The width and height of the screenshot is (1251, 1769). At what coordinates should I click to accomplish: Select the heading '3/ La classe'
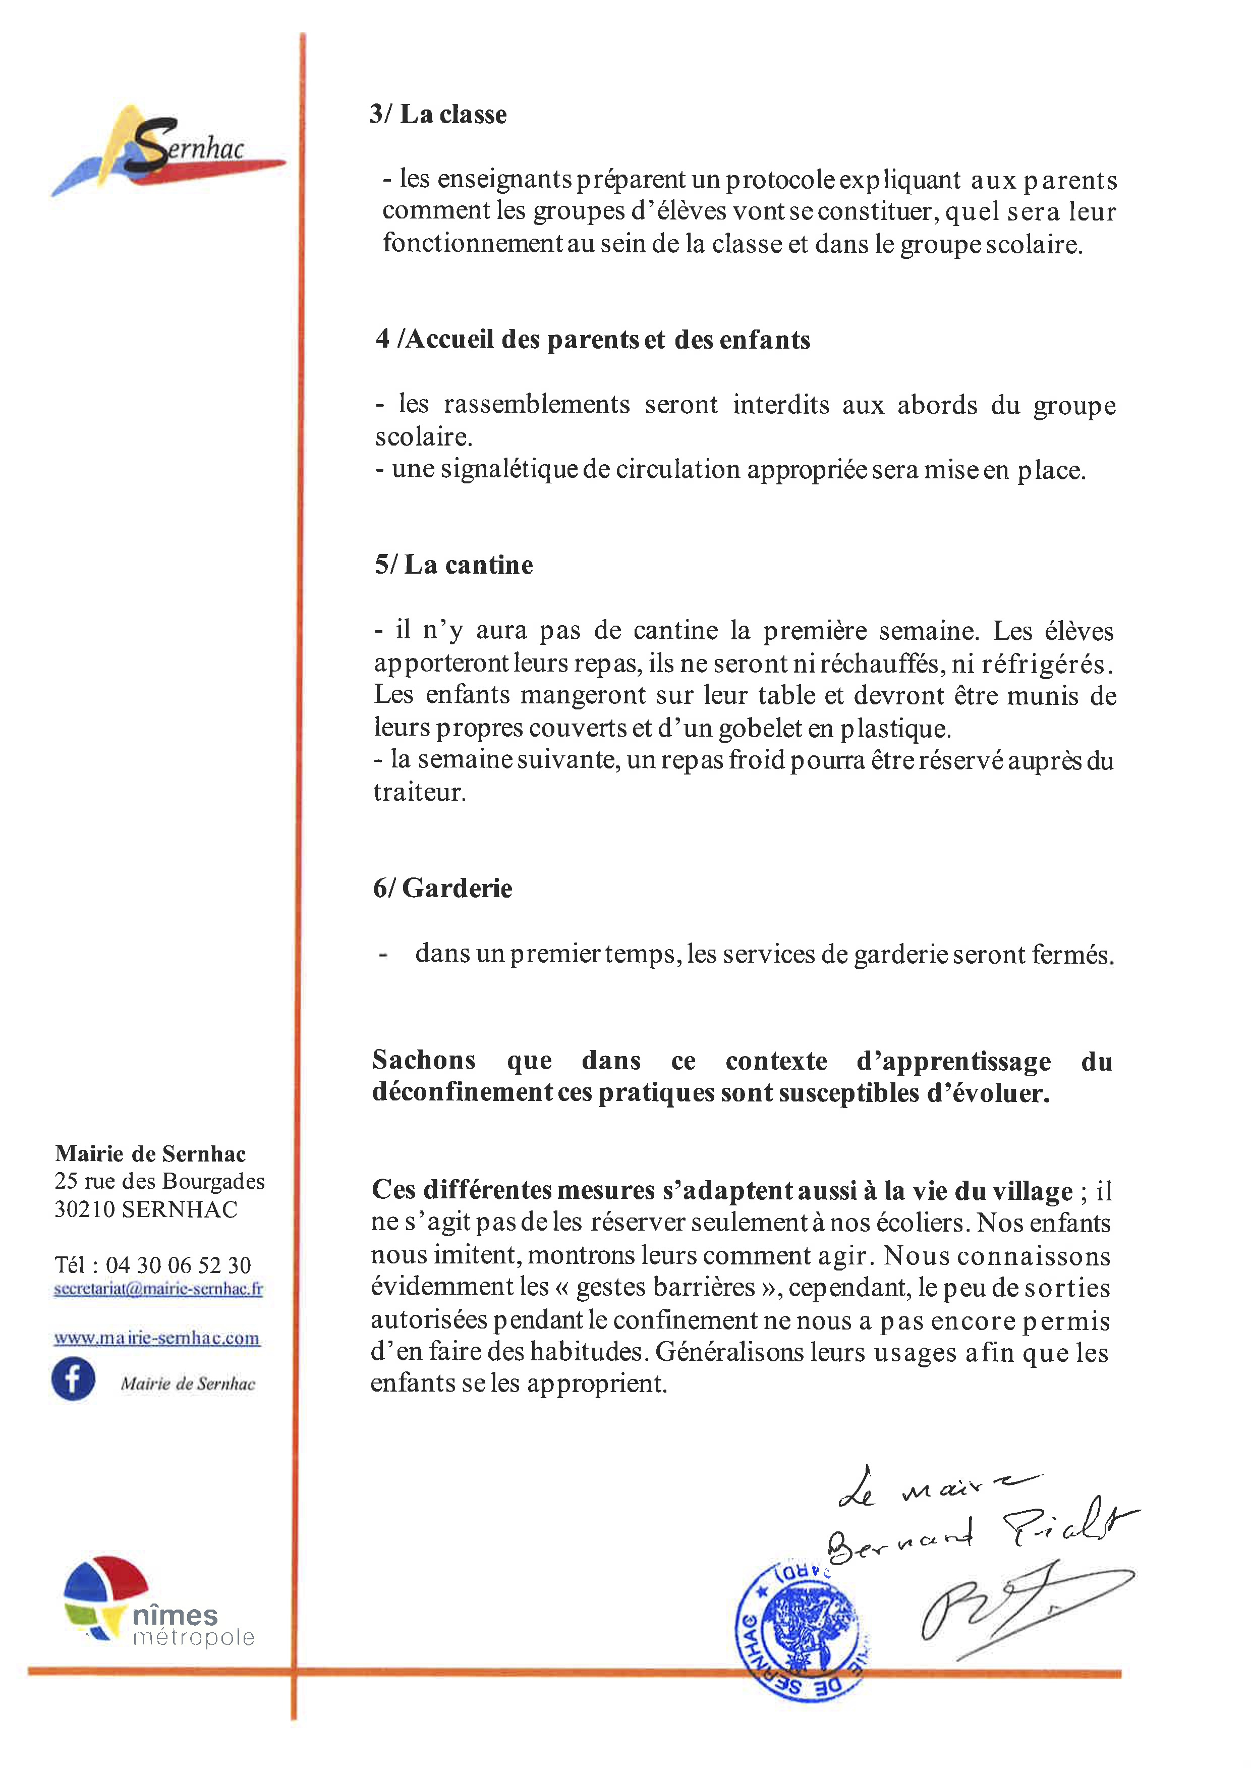(x=437, y=114)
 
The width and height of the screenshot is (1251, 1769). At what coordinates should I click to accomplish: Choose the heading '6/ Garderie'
(x=442, y=889)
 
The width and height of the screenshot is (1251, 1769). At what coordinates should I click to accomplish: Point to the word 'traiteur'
(x=419, y=792)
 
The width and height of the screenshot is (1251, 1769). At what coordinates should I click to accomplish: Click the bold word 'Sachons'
(x=424, y=1060)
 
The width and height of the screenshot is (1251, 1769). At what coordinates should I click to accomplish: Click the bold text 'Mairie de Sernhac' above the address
(x=150, y=1153)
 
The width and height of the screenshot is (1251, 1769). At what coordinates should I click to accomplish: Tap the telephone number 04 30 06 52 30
(x=178, y=1264)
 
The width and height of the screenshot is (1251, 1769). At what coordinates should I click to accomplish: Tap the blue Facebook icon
(x=73, y=1379)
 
